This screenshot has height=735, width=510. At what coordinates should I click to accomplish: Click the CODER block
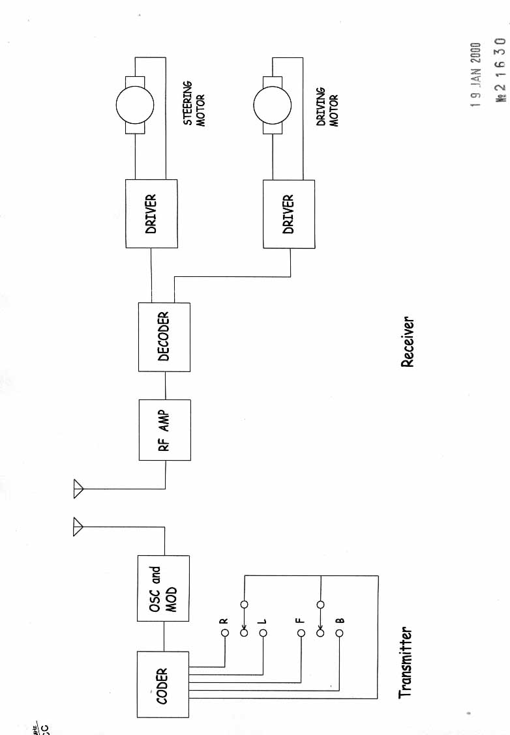[163, 684]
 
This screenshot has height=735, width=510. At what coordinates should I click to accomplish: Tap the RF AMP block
[165, 431]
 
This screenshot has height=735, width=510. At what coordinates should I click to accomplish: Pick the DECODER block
[165, 337]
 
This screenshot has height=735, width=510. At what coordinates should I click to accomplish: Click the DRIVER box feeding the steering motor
[152, 212]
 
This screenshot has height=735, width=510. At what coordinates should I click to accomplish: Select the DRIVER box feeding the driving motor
[289, 214]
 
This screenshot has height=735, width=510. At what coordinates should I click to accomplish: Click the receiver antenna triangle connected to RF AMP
[79, 488]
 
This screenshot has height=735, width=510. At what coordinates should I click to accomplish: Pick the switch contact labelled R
[224, 633]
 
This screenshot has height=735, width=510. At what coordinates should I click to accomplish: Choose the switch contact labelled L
[263, 633]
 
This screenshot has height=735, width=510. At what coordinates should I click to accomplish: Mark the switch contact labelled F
[301, 633]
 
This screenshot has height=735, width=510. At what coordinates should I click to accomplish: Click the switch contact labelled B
[339, 633]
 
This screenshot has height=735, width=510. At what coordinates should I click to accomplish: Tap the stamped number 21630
[501, 69]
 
